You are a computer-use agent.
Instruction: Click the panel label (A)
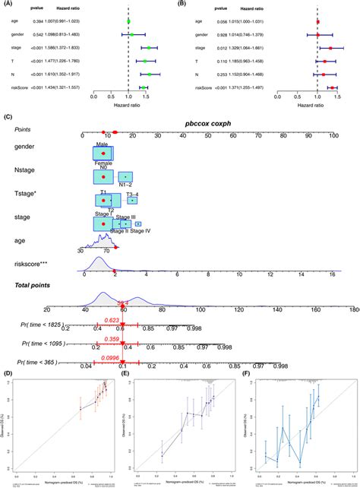(x=8, y=5)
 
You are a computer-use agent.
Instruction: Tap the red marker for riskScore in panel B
(x=332, y=87)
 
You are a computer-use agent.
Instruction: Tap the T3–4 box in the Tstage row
(x=132, y=200)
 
